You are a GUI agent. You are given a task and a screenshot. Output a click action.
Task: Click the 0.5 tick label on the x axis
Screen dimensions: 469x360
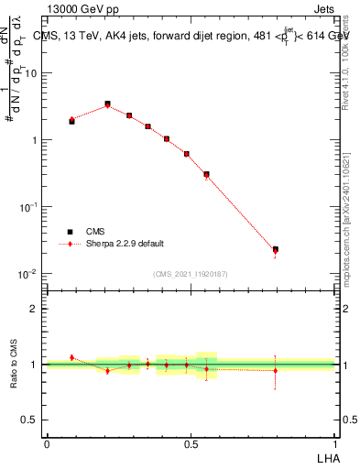tap(191, 443)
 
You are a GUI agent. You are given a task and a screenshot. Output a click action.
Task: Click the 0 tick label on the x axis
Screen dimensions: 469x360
tap(47, 443)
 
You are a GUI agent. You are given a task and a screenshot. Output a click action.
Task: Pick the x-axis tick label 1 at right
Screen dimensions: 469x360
tap(334, 443)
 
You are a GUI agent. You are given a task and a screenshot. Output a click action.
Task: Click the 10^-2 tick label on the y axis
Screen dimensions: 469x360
tap(30, 274)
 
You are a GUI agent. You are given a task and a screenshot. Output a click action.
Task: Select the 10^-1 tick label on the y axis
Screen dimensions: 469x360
tap(30, 207)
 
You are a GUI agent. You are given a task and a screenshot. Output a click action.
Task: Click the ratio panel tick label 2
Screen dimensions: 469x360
tap(35, 309)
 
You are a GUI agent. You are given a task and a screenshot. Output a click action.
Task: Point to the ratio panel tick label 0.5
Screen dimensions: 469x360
tap(30, 420)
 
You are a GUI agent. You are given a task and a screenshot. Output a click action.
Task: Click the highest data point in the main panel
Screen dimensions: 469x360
tap(107, 104)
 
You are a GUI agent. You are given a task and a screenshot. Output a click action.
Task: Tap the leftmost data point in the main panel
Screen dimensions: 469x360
tap(71, 120)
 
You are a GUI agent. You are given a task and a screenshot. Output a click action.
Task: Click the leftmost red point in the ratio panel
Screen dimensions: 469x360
tap(71, 357)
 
